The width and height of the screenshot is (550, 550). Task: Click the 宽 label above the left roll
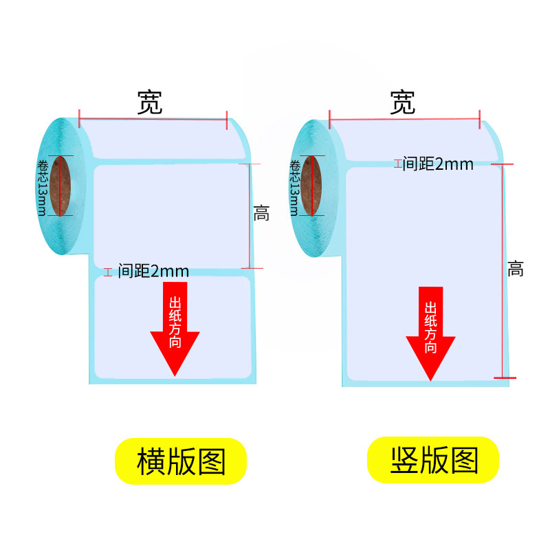click(150, 102)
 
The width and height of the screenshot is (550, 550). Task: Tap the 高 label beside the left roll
click(261, 214)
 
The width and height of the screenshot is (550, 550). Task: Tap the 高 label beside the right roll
click(516, 269)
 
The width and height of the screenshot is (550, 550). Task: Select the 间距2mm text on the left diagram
click(153, 271)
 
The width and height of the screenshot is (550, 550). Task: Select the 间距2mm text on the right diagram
click(438, 164)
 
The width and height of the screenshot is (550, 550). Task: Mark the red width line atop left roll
click(153, 119)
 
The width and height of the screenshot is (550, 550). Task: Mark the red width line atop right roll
click(404, 119)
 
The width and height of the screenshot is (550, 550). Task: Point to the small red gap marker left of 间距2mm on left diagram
click(107, 272)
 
